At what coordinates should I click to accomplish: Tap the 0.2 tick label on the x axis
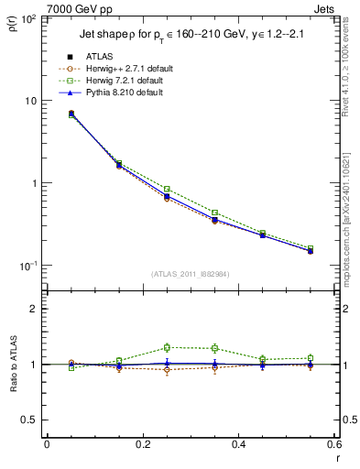(x=142, y=445)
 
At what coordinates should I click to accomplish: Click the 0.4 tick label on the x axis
(x=239, y=445)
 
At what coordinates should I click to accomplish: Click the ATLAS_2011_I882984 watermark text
(x=191, y=274)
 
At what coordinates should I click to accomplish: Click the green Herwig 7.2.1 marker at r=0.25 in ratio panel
(x=167, y=347)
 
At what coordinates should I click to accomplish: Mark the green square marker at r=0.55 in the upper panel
(x=311, y=248)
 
